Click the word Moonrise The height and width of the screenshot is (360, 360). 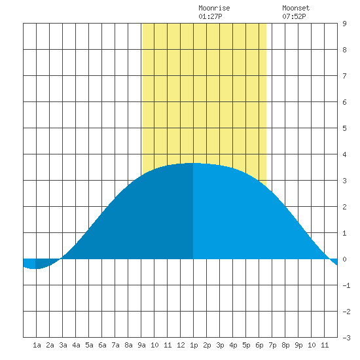click(x=214, y=9)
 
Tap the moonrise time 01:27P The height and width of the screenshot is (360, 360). click(x=210, y=16)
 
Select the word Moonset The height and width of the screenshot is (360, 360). click(x=296, y=9)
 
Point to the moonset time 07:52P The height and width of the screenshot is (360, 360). click(x=294, y=16)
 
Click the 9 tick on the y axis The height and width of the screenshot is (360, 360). click(x=344, y=24)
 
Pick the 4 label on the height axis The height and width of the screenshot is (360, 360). click(x=344, y=154)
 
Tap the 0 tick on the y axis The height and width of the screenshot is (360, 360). click(x=344, y=259)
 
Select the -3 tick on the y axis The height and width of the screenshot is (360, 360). click(x=346, y=338)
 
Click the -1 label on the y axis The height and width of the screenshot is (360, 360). click(x=346, y=285)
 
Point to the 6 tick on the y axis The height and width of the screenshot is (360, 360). click(x=344, y=102)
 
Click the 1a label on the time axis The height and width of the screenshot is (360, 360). click(x=37, y=345)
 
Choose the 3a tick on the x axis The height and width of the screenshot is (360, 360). click(x=63, y=345)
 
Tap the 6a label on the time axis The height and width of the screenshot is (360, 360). click(x=102, y=345)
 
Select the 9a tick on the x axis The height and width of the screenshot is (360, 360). click(x=141, y=345)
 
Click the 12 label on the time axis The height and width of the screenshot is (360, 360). click(x=181, y=345)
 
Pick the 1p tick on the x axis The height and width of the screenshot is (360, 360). click(x=194, y=345)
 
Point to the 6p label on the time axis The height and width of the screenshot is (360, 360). click(x=259, y=345)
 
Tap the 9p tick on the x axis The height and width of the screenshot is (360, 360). click(x=298, y=345)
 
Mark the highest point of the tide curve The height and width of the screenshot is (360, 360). click(x=193, y=163)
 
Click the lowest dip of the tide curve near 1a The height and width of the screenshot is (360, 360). click(x=35, y=268)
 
